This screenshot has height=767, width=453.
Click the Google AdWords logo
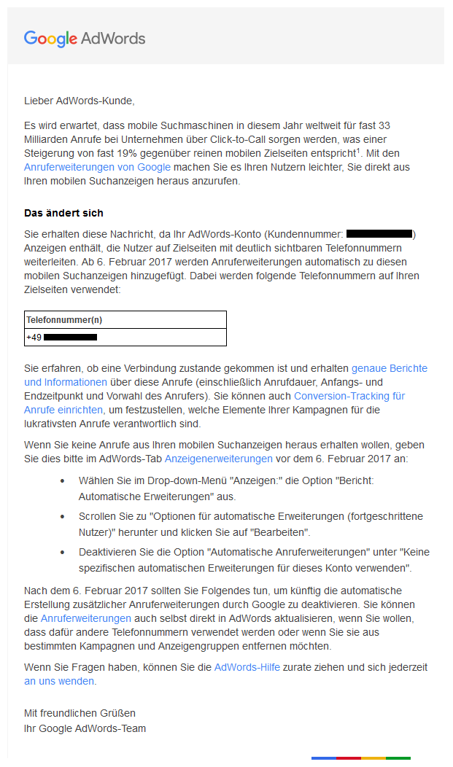[x=85, y=39]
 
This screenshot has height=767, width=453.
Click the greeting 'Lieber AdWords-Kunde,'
[x=80, y=101]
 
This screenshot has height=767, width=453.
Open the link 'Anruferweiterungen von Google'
[x=97, y=167]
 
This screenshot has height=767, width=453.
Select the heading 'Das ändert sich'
[x=63, y=213]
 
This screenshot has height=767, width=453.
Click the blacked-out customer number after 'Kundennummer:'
[x=379, y=234]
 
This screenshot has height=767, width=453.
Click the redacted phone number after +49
[x=71, y=338]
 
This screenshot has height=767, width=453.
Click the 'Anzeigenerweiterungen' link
[x=219, y=459]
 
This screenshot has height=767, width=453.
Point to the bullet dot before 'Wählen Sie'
[x=62, y=482]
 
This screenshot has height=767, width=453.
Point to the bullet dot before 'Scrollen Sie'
[x=62, y=516]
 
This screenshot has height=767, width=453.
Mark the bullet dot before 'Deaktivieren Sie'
[x=62, y=551]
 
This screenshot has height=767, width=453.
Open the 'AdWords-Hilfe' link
[x=247, y=667]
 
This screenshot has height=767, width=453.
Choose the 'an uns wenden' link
[x=59, y=681]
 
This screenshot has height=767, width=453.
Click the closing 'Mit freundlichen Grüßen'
[x=80, y=713]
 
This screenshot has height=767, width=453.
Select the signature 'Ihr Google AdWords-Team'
[x=85, y=728]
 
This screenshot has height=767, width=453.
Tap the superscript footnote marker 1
[x=358, y=150]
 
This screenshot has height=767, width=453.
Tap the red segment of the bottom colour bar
[x=349, y=759]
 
